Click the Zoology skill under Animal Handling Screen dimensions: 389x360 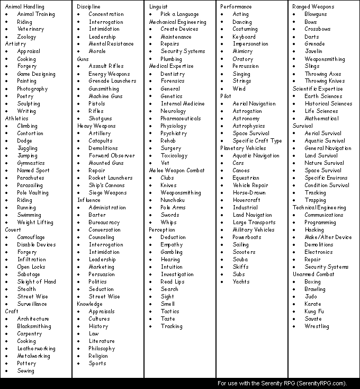point(26,37)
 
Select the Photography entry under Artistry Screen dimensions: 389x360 point(32,89)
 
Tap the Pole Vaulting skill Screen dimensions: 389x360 point(32,193)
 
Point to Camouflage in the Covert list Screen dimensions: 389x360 point(31,237)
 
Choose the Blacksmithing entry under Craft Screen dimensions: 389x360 point(33,326)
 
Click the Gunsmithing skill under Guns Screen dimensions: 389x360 point(104,89)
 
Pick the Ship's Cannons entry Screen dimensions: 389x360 point(106,185)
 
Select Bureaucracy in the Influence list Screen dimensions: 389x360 point(104,223)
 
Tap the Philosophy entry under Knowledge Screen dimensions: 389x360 point(102,349)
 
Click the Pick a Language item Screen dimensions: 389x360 point(179,14)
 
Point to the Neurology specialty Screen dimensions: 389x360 point(173,111)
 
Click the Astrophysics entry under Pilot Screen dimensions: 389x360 point(249,126)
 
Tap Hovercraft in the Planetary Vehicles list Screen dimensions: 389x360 point(247,200)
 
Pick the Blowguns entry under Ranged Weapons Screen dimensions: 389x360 point(316,14)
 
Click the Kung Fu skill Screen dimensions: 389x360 point(314,312)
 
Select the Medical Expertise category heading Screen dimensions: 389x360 point(171,66)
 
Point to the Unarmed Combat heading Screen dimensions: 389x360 point(313,275)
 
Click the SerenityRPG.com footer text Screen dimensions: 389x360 point(282,383)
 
